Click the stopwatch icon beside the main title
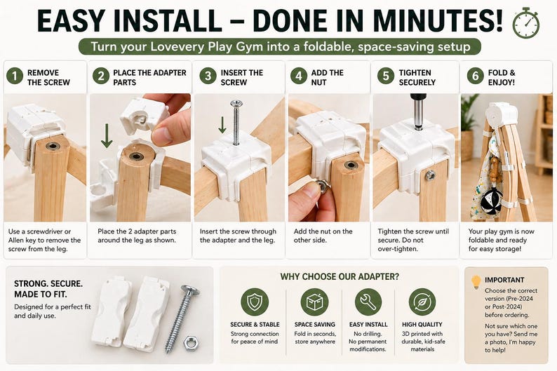click(525, 23)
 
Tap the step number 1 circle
click(15, 76)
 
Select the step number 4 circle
click(299, 76)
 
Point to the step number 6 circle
click(476, 76)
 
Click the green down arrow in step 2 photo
click(107, 135)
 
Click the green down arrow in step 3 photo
click(222, 125)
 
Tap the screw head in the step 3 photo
click(236, 104)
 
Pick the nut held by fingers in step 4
click(323, 187)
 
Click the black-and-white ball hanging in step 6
click(491, 201)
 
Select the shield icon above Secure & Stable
click(255, 302)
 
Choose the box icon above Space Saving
click(314, 302)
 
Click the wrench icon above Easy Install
click(368, 302)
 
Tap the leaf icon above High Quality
click(422, 302)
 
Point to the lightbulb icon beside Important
click(476, 282)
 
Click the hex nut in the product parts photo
click(190, 343)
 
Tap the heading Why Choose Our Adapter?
click(340, 276)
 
